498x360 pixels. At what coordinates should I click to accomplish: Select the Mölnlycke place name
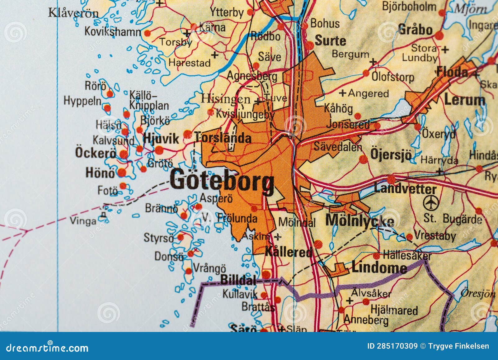[x=359, y=220]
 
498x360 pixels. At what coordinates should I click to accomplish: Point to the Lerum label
[x=464, y=100]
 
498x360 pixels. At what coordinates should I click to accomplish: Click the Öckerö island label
[x=95, y=153]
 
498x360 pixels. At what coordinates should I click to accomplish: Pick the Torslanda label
[x=223, y=138]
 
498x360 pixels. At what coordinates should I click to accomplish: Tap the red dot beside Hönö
[x=122, y=172]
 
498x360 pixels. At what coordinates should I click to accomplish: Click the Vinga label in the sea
[x=83, y=221]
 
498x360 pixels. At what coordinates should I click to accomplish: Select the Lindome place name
[x=379, y=267]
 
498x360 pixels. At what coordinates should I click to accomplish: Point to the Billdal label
[x=238, y=280]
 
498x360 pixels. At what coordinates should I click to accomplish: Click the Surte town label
[x=330, y=40]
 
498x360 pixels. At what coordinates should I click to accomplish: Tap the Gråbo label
[x=415, y=30]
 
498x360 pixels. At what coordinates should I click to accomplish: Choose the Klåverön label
[x=73, y=13]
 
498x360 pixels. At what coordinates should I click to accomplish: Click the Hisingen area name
[x=225, y=99]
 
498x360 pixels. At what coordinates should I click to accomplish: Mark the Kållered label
[x=288, y=252]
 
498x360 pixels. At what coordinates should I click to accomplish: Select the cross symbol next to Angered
[x=342, y=93]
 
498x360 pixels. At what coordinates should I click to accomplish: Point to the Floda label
[x=452, y=72]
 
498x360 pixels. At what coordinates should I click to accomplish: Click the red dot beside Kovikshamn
[x=148, y=33]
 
